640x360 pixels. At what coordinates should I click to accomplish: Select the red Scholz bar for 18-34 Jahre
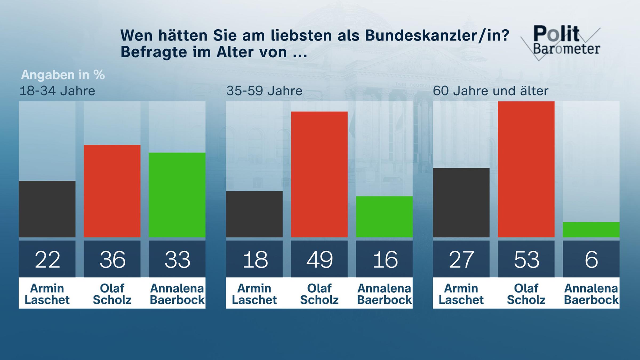coord(112,191)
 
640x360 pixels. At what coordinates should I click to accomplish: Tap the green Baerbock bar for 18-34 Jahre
coord(177,195)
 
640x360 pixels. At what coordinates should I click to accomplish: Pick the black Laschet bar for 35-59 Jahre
coord(254,214)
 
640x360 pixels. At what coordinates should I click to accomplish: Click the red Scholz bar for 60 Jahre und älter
coord(526,169)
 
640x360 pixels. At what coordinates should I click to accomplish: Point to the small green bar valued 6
coord(591,230)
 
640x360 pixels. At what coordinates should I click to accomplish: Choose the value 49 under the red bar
coord(319,259)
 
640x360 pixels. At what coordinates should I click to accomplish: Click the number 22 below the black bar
coord(47,259)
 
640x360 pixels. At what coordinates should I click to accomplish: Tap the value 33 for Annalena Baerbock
coord(177,259)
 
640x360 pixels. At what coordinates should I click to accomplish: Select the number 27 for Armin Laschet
coord(461,259)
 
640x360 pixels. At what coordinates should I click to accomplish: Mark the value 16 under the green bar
coord(384,259)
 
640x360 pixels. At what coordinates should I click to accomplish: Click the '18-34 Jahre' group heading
coord(57,91)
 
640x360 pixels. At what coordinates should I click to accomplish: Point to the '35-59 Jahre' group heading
coord(264,91)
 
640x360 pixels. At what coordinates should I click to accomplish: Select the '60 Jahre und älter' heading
coord(490,91)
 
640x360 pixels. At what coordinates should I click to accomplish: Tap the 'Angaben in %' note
coord(63,75)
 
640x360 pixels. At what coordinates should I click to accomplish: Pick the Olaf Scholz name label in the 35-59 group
coord(319,294)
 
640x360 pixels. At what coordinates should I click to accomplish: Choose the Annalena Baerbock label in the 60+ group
coord(591,294)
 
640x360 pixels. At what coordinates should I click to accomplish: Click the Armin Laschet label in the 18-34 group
coord(47,294)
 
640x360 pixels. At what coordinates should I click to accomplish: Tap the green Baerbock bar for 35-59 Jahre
coord(384,217)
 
